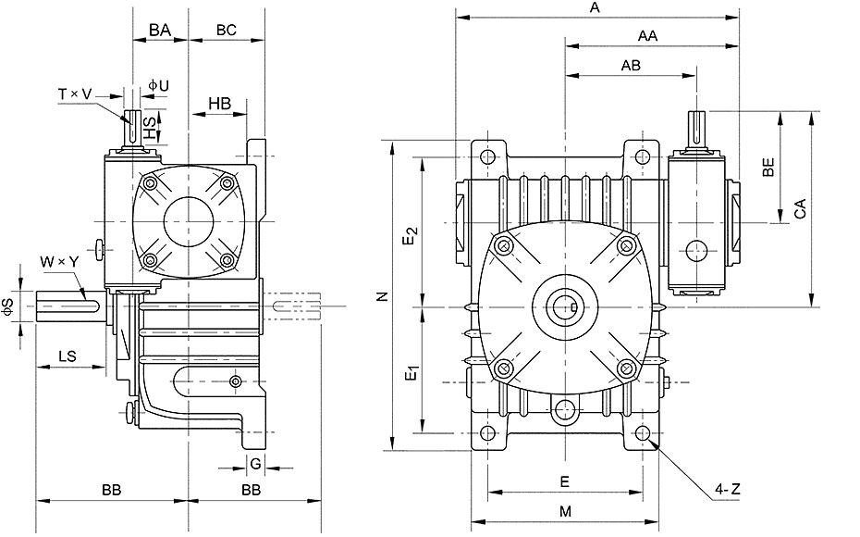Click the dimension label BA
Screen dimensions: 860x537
(x=160, y=30)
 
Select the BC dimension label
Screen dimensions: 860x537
(x=226, y=30)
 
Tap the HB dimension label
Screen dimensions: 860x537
(x=220, y=103)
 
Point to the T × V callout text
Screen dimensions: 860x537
(x=75, y=94)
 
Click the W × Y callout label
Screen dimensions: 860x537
(x=59, y=262)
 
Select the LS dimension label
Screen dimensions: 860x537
(x=68, y=356)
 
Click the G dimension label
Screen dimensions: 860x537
(x=255, y=464)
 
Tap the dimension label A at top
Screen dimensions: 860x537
(x=596, y=7)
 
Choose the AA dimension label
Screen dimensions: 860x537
(x=647, y=36)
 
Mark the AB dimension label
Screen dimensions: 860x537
(x=631, y=66)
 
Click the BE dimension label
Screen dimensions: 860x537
(x=768, y=167)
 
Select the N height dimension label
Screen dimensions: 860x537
(x=383, y=296)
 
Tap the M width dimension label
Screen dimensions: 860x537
(x=565, y=512)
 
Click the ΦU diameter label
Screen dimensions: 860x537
(x=158, y=85)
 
